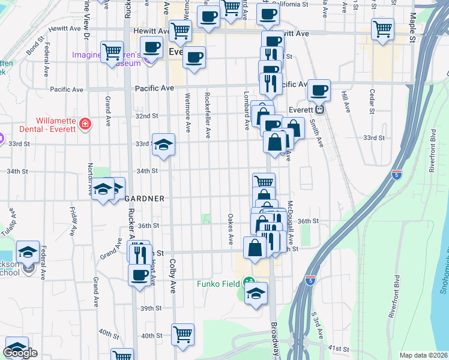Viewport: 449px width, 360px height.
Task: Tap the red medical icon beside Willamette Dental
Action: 86,124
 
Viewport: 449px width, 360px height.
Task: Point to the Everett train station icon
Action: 320,110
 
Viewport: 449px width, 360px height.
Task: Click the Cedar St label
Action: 372,102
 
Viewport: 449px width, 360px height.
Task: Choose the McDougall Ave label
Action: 291,221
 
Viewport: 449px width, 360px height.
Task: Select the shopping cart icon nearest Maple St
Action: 382,28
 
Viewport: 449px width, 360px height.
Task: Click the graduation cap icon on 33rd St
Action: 163,144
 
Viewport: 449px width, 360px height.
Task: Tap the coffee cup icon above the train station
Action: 319,90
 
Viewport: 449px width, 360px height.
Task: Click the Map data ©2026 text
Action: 423,355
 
